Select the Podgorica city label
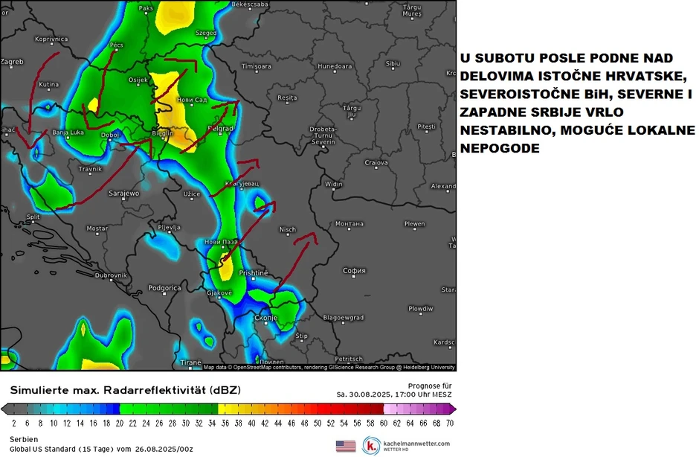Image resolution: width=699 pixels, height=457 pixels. coord(165,288)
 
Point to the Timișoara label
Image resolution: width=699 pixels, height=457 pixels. coord(257,66)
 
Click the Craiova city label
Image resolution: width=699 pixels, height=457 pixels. coord(377,162)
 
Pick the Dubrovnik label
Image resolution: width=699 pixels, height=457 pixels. coord(111,275)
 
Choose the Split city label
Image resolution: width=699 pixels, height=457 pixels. coord(33,217)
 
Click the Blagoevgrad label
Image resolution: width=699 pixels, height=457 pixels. coord(344,318)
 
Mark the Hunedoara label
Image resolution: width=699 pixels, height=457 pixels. coord(335,66)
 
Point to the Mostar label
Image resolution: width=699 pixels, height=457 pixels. coord(97,228)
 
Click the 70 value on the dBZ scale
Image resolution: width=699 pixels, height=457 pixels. coord(450,422)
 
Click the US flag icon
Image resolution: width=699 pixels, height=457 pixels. coord(346,446)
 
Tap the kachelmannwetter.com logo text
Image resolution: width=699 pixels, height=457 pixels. coord(416,444)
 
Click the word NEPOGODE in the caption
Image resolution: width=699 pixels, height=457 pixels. coord(497,148)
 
